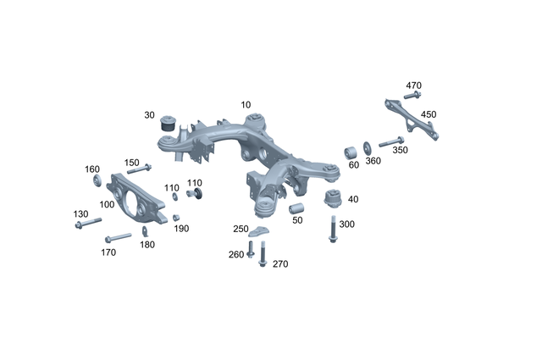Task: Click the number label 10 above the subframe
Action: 246,104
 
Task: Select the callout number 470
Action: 413,86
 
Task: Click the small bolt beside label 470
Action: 415,97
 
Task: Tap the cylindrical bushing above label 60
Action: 352,152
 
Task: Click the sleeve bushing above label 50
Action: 296,209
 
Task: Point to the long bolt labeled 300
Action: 331,229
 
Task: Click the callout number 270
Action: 280,264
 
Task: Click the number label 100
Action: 106,204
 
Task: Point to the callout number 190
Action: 181,229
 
